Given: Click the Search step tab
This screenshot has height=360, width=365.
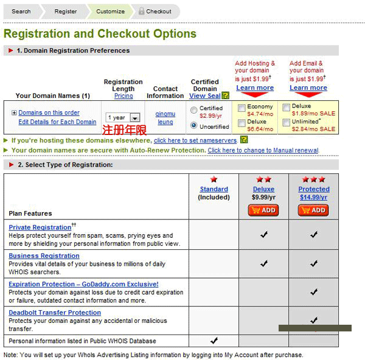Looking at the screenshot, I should point(21,11).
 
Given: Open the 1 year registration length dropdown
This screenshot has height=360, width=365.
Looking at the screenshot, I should point(123,117).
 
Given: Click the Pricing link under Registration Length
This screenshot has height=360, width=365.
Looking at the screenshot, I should point(123,96).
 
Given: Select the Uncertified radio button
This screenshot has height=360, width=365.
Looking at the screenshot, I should point(194,126).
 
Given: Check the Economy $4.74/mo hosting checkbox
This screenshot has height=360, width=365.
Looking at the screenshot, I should point(242,108).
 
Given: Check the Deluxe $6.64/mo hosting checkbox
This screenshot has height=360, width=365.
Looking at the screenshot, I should point(242,122).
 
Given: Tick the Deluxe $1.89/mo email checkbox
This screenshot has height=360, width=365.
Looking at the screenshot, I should point(286,108).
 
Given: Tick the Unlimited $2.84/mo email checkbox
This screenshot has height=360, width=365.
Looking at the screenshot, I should point(286,122).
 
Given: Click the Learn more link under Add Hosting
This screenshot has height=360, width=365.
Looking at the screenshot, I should point(254,88).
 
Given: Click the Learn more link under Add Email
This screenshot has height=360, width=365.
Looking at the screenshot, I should point(308,88).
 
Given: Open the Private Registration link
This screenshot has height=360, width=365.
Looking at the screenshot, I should point(40,227).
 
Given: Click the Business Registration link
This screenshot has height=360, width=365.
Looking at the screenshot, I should point(44,256).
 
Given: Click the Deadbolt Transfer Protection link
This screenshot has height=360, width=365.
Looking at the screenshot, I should point(55,313).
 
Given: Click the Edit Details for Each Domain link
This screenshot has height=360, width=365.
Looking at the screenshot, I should point(57,122).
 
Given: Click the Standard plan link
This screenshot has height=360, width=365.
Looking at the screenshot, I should point(214,189).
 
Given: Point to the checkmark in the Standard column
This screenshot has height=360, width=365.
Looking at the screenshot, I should point(214,341).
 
